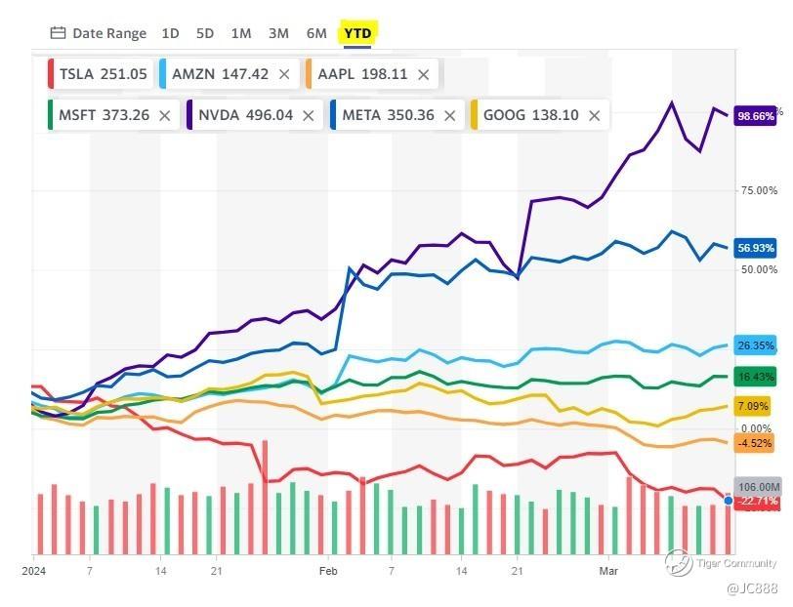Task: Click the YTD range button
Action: pos(358,33)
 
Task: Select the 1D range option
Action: pos(170,33)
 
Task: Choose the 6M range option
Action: pos(316,33)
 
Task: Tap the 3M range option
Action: pos(278,33)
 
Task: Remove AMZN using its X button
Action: pos(284,74)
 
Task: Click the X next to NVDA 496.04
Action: pos(309,115)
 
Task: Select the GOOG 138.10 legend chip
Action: pos(530,115)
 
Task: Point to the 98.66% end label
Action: pos(756,114)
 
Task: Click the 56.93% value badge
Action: pos(756,248)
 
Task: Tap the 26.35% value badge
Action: pos(756,345)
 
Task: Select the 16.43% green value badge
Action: pos(756,377)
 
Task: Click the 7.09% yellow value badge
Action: pos(754,406)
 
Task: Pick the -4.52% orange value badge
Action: pos(754,443)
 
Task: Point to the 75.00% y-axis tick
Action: pos(759,190)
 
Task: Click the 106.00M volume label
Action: pos(760,487)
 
